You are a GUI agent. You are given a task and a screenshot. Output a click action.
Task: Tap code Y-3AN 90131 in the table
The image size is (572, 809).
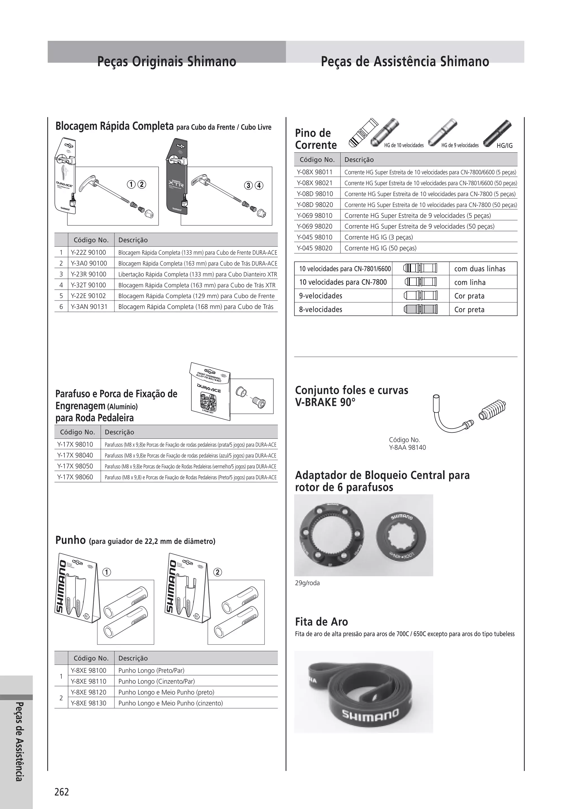[89, 307]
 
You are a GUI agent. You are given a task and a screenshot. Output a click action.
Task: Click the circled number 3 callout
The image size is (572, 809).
[249, 185]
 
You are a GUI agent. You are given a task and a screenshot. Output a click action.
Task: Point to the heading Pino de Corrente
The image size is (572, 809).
[316, 139]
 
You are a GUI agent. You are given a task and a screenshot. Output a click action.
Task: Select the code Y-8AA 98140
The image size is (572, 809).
[407, 448]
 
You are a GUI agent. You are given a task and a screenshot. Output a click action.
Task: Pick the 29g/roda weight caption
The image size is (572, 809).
[308, 583]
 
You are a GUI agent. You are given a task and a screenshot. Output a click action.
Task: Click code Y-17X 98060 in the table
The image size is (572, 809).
[75, 477]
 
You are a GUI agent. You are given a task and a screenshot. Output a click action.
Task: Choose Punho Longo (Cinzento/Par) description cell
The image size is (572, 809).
[156, 681]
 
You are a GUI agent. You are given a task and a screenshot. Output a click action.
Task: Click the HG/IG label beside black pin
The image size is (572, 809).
[504, 146]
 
